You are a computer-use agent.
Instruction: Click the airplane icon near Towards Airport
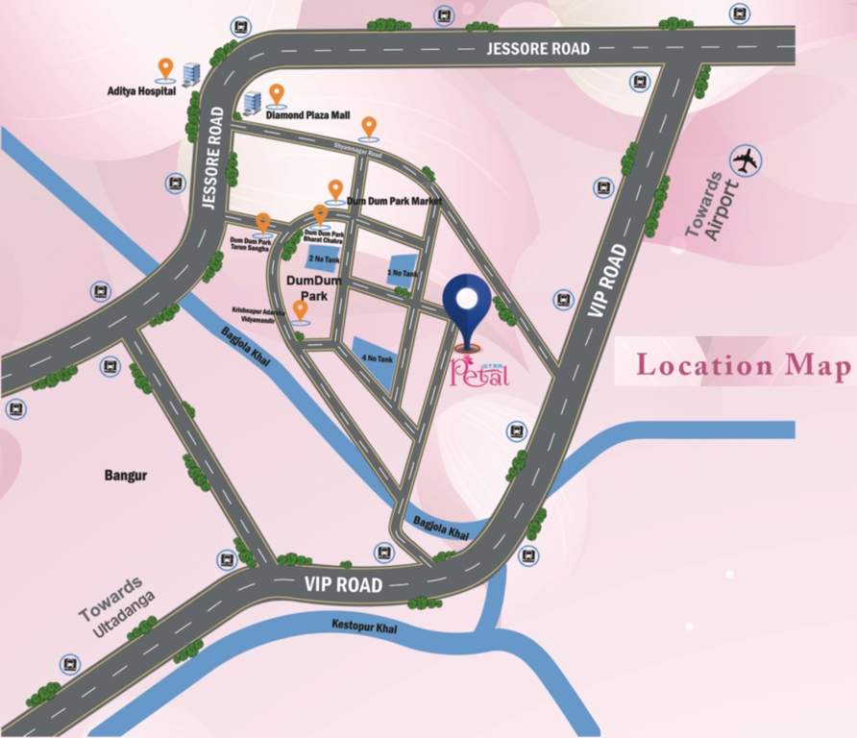point(745,160)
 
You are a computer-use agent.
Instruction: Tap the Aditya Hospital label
point(142,92)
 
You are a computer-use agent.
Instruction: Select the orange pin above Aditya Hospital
point(165,68)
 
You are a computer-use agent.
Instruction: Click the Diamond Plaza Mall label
point(307,114)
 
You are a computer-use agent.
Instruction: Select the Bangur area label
point(126,476)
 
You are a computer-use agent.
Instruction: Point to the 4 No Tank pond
point(375,360)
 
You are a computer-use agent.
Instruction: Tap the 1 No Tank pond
point(403,271)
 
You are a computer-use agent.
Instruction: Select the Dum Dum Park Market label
point(395,201)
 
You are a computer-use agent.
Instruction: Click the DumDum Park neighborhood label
point(308,287)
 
